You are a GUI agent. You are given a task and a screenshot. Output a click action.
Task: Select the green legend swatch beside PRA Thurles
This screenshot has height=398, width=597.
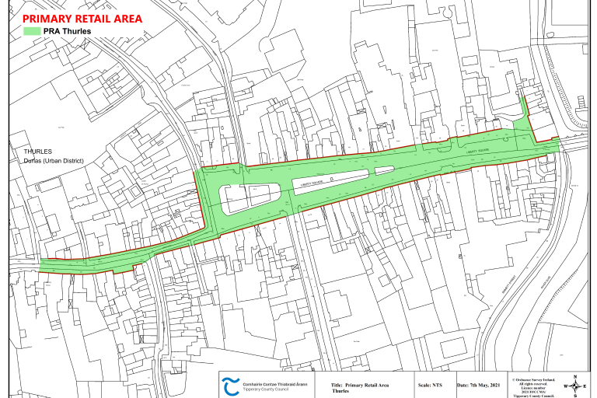31,31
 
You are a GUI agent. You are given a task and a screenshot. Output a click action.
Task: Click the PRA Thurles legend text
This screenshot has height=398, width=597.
68,31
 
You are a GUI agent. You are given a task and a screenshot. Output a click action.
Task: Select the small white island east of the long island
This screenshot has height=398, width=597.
385,170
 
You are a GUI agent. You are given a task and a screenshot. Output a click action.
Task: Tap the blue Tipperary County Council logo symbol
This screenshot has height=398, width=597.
231,386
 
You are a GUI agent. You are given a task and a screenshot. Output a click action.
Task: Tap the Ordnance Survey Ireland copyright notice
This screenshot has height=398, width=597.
536,386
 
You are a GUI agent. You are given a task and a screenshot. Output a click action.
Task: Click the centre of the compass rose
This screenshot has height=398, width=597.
574,386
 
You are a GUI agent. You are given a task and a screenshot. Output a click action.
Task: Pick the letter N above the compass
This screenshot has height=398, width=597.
574,377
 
